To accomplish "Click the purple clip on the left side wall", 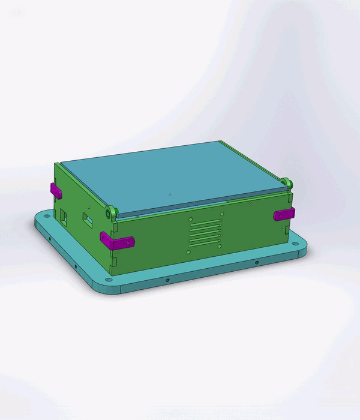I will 56,191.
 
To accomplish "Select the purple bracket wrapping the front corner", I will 117,242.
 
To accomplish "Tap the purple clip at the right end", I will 283,214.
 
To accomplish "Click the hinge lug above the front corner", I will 111,212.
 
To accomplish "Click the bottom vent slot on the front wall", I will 205,244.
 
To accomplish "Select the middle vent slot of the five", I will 205,233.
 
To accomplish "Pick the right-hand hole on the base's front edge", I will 257,263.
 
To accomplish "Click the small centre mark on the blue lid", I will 171,194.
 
